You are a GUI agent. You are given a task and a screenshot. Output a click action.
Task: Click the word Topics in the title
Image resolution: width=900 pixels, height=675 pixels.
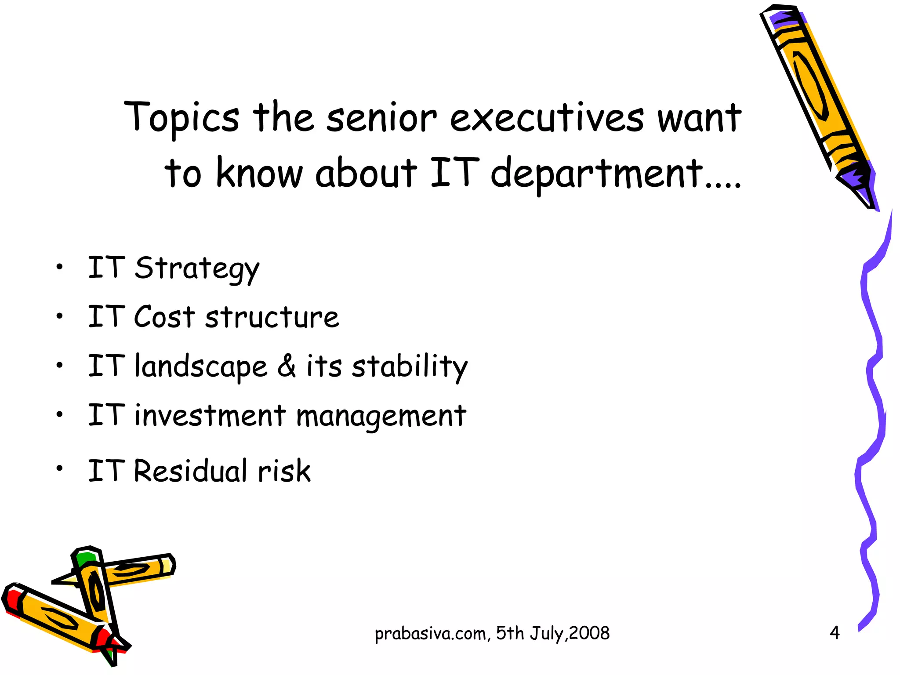click(181, 118)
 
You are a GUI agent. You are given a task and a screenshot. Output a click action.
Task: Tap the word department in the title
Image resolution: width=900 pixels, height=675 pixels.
click(597, 174)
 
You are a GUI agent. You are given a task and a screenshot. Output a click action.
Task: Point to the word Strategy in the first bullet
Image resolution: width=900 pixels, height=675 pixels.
click(197, 269)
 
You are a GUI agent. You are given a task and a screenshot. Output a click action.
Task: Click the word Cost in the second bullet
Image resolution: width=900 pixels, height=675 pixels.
click(164, 317)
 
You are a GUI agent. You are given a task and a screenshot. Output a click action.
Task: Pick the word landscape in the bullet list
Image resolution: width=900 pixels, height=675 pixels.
click(201, 367)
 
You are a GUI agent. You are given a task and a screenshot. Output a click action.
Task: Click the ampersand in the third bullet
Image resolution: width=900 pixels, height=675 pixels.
click(287, 366)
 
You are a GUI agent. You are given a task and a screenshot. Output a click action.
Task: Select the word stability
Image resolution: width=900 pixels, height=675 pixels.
click(410, 367)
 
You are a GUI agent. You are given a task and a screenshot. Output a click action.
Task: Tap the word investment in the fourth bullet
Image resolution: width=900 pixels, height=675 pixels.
click(210, 415)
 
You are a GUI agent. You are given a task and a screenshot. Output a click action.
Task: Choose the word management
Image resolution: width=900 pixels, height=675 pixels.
click(381, 416)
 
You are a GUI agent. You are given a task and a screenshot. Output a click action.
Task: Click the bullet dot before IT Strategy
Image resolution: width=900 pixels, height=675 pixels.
click(60, 266)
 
